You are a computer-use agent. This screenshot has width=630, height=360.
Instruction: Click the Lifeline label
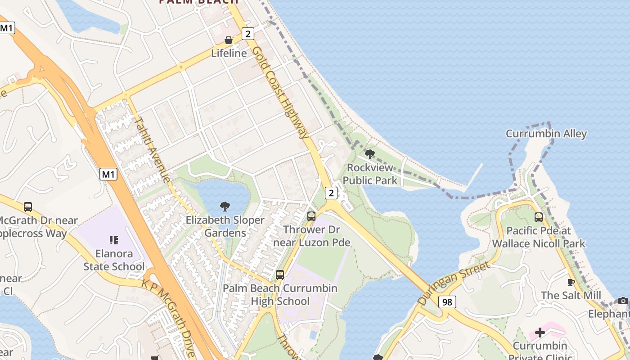229,53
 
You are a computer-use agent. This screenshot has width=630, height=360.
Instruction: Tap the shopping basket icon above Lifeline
229,40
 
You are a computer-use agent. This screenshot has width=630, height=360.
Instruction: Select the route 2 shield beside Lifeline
247,33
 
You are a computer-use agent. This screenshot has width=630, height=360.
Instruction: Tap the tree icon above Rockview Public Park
370,155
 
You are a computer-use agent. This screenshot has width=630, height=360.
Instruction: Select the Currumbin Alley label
546,134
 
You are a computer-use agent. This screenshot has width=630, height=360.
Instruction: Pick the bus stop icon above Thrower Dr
311,216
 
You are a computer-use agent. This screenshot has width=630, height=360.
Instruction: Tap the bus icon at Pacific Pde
539,217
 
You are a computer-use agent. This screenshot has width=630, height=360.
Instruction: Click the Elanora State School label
114,260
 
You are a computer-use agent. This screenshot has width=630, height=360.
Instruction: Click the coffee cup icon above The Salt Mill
571,283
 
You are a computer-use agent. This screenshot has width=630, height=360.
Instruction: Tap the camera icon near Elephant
623,301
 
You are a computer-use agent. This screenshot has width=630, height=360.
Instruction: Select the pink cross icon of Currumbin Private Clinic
540,333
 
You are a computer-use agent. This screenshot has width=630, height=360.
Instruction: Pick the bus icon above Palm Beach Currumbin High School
280,274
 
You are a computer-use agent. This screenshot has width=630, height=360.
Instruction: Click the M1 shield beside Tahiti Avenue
108,174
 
